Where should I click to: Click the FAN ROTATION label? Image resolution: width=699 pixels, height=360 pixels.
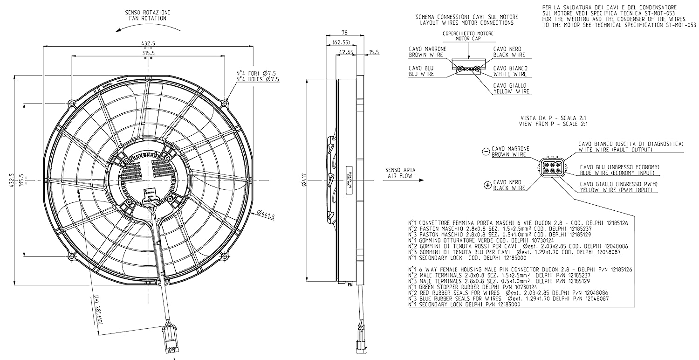147,18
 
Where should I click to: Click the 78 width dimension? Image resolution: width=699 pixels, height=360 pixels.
344,33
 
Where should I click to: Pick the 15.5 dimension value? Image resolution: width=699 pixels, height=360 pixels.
374,52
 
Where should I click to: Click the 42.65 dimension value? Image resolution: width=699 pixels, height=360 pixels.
345,52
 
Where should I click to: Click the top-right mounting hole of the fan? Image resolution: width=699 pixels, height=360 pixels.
225,103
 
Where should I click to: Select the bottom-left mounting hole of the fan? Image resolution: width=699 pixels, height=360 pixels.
71,257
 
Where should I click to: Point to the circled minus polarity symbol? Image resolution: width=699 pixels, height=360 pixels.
486,152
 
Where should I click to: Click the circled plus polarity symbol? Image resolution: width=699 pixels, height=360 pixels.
487,185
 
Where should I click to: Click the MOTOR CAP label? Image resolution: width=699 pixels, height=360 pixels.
467,39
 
